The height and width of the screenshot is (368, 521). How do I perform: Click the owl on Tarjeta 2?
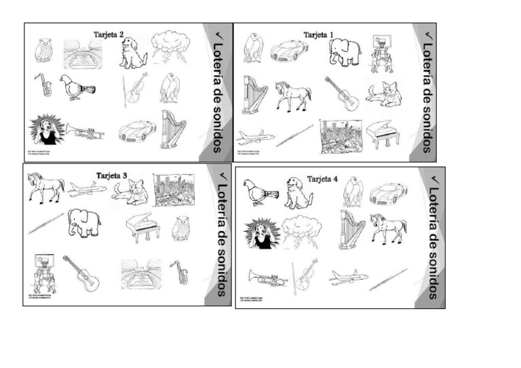pyautogui.click(x=44, y=50)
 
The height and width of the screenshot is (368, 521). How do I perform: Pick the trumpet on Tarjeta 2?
pyautogui.click(x=84, y=131)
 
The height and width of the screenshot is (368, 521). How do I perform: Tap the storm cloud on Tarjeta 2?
pyautogui.click(x=168, y=47)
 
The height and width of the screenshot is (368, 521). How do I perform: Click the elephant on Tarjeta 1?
pyautogui.click(x=345, y=52)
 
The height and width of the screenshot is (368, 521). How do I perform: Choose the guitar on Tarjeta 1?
pyautogui.click(x=342, y=94)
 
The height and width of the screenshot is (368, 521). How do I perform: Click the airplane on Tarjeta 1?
pyautogui.click(x=256, y=137)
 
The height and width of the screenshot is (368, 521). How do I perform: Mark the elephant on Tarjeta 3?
pyautogui.click(x=84, y=222)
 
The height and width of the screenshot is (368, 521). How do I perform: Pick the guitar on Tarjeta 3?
pyautogui.click(x=81, y=272)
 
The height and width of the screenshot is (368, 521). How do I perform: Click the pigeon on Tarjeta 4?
pyautogui.click(x=260, y=192)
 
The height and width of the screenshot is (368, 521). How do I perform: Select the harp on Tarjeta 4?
pyautogui.click(x=352, y=228)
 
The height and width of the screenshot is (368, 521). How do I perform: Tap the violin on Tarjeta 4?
pyautogui.click(x=305, y=274)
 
